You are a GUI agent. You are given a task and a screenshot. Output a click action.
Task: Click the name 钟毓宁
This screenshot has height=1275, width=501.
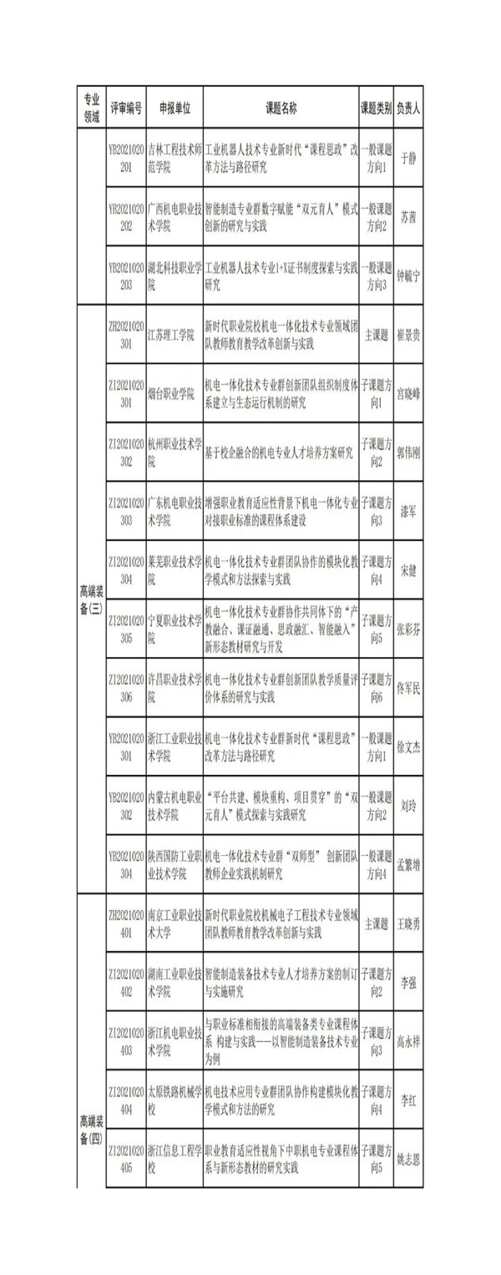pyautogui.click(x=407, y=277)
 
